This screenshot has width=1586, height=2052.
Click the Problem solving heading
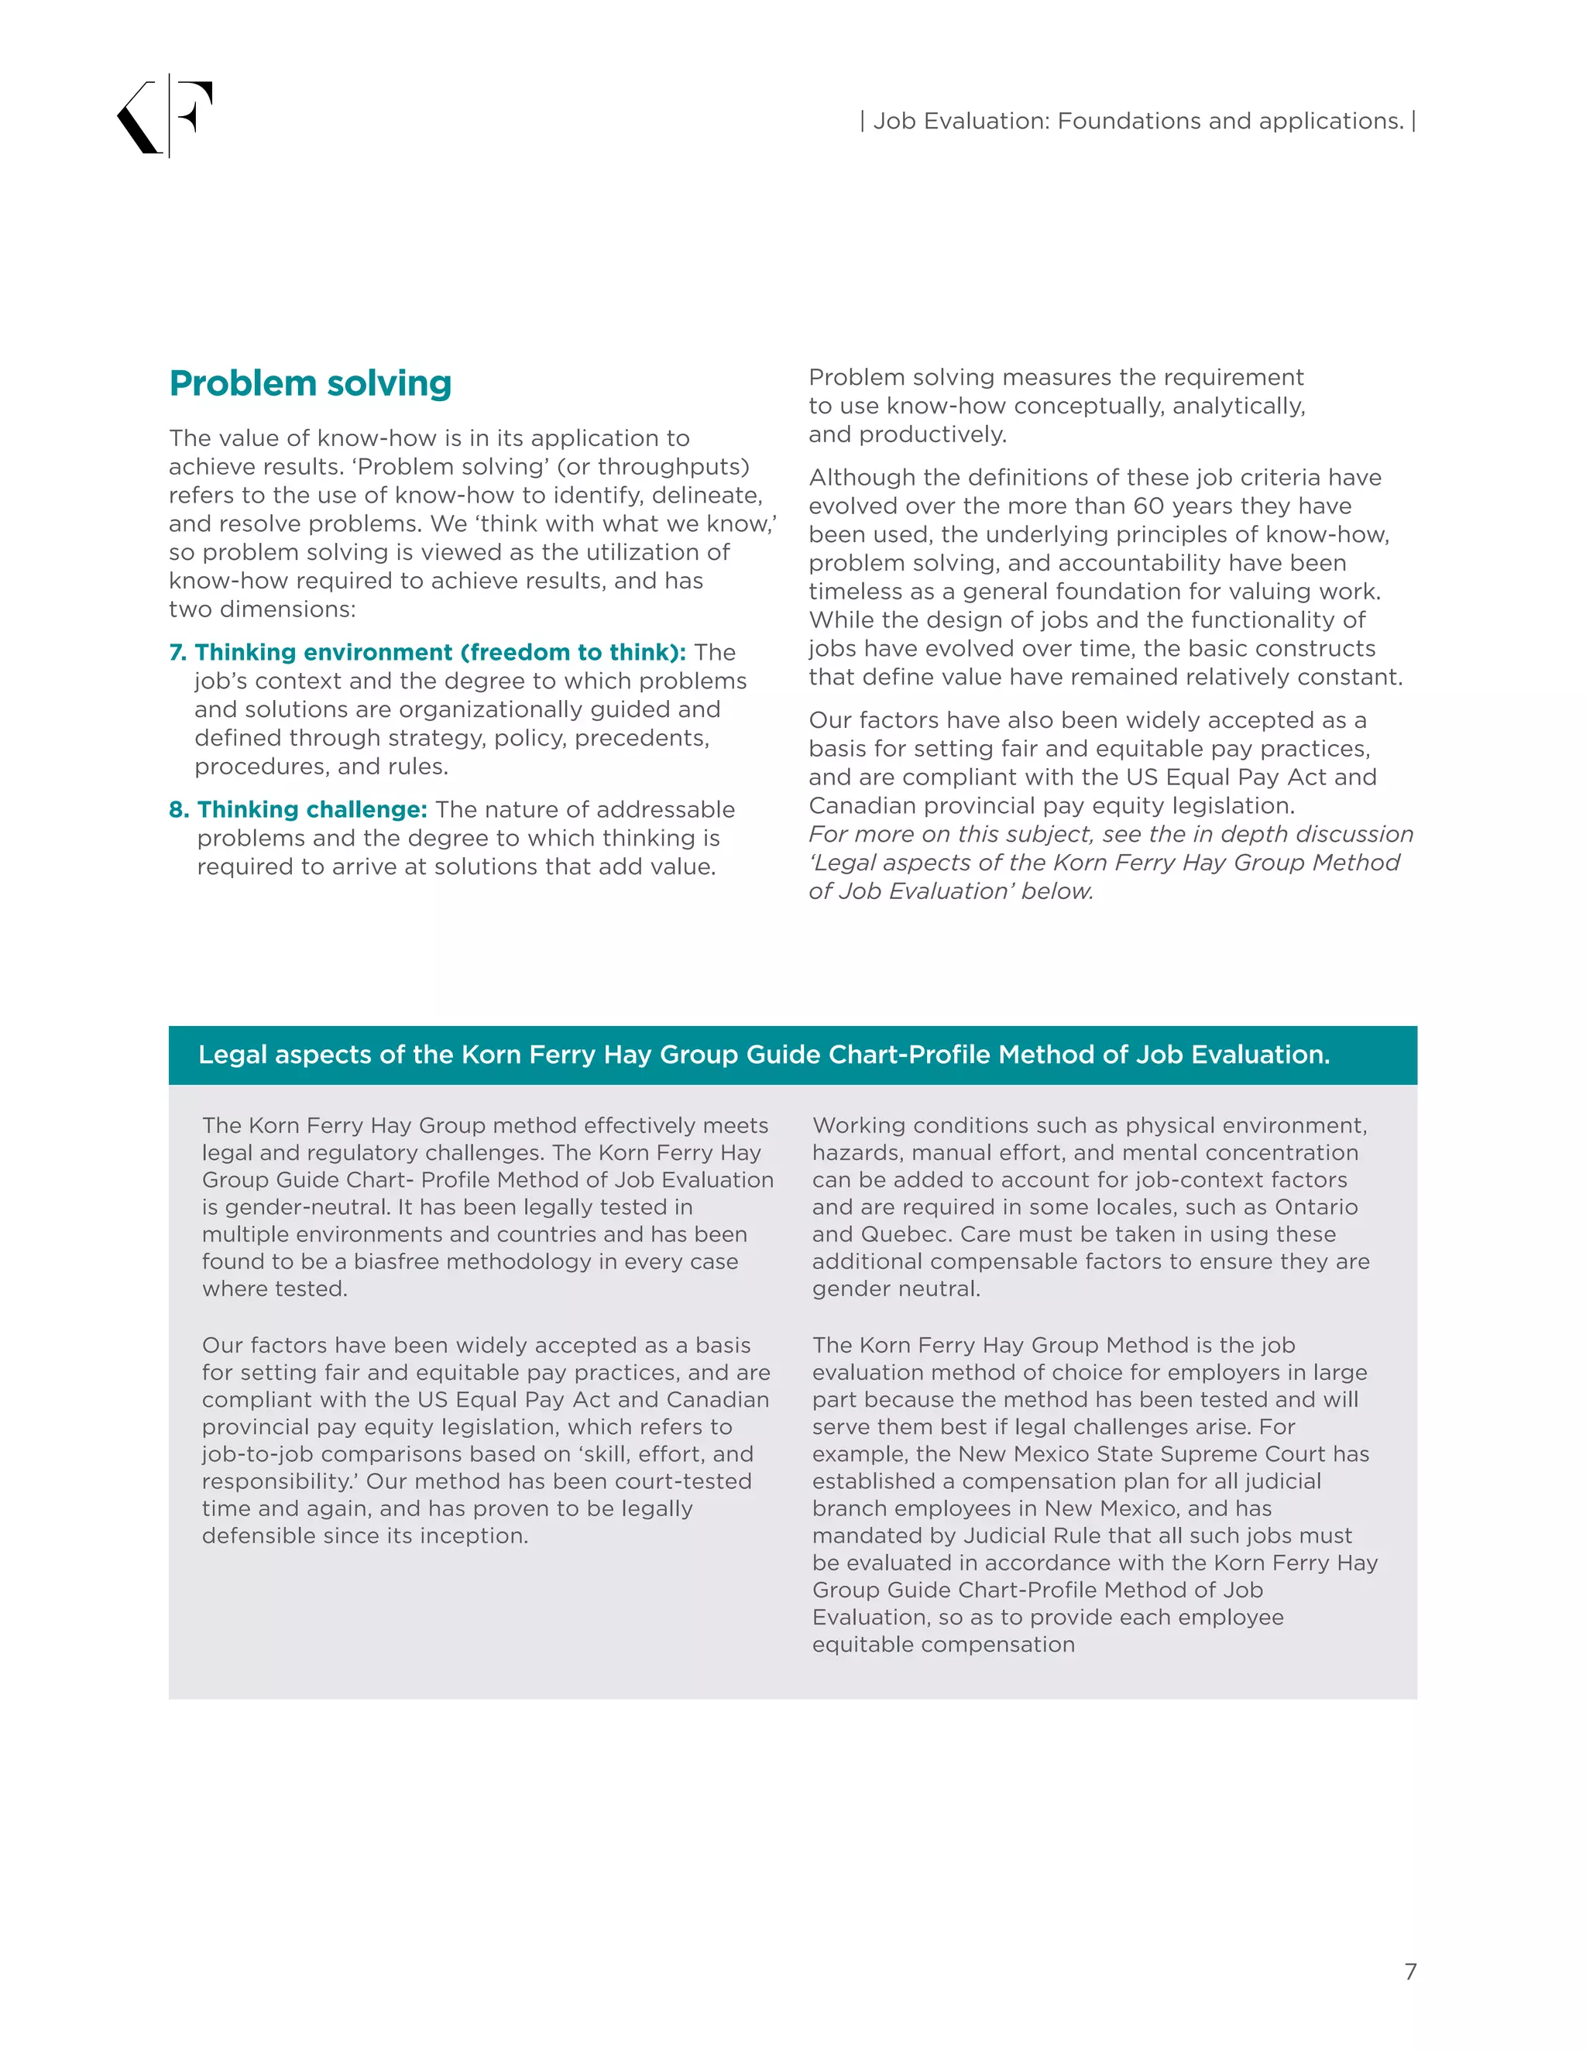pyautogui.click(x=310, y=383)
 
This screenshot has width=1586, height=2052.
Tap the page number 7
pyautogui.click(x=1409, y=1971)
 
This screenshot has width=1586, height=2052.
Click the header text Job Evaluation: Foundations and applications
pyautogui.click(x=1138, y=122)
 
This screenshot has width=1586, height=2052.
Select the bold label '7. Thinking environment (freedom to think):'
pyautogui.click(x=427, y=652)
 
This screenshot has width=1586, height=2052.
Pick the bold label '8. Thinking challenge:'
pyautogui.click(x=299, y=809)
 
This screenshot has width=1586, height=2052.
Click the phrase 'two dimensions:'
pyautogui.click(x=263, y=609)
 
